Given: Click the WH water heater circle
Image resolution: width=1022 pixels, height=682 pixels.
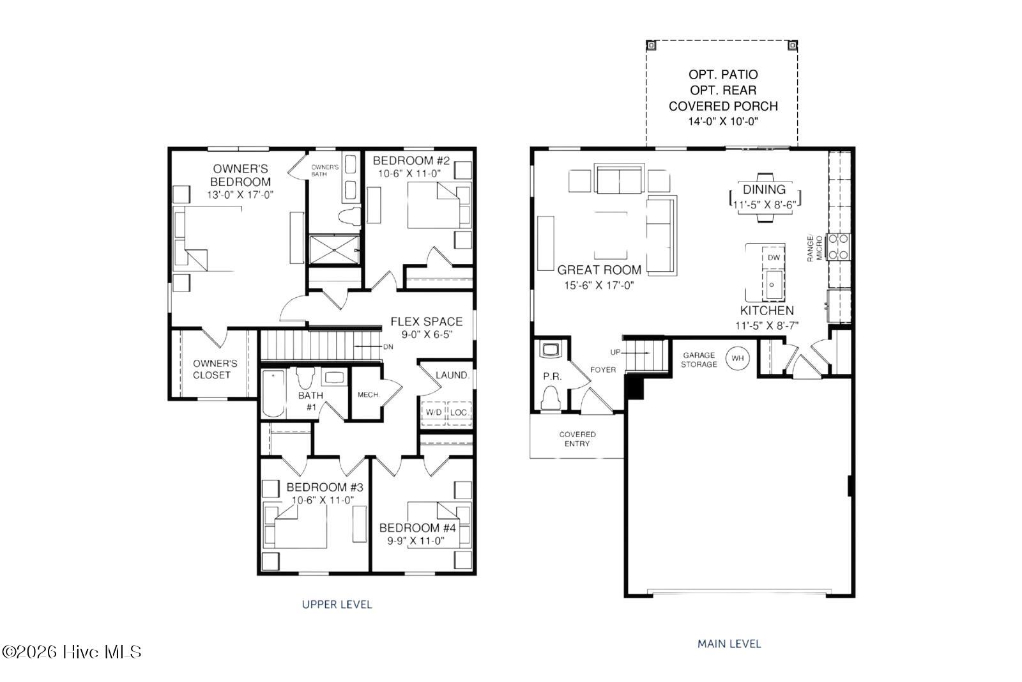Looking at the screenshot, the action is pyautogui.click(x=737, y=359).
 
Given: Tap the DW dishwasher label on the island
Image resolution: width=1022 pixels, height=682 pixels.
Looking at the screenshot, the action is pyautogui.click(x=774, y=258).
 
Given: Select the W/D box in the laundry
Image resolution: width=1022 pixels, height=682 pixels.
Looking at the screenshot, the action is pyautogui.click(x=434, y=413).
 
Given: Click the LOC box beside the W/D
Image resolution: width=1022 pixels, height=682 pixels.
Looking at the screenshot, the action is pyautogui.click(x=459, y=413).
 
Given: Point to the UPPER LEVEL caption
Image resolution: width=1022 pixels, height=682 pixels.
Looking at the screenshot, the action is pyautogui.click(x=337, y=605).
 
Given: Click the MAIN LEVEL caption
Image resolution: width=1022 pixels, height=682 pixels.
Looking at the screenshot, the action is pyautogui.click(x=729, y=644).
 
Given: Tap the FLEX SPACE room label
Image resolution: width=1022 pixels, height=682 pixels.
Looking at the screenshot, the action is pyautogui.click(x=427, y=322).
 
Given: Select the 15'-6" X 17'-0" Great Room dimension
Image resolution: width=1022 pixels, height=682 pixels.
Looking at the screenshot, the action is pyautogui.click(x=599, y=285).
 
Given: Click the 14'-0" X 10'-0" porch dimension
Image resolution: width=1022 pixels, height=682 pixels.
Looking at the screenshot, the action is pyautogui.click(x=723, y=121).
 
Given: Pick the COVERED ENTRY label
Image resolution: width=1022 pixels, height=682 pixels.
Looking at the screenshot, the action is pyautogui.click(x=577, y=438).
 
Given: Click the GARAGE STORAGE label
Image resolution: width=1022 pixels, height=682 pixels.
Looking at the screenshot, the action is pyautogui.click(x=699, y=359).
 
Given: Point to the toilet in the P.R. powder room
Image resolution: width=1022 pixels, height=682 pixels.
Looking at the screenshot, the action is pyautogui.click(x=551, y=398).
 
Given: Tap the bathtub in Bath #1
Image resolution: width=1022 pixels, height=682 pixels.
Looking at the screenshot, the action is pyautogui.click(x=273, y=394).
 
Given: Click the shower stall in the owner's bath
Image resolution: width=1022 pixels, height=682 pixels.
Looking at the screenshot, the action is pyautogui.click(x=335, y=250).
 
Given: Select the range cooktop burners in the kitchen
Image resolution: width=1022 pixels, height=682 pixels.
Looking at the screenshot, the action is pyautogui.click(x=839, y=247).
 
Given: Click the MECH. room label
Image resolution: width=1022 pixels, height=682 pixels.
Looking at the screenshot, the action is pyautogui.click(x=369, y=394).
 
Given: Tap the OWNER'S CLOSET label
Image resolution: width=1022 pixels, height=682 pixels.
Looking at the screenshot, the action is pyautogui.click(x=215, y=369).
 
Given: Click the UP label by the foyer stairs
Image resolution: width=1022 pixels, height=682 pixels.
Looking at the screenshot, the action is pyautogui.click(x=615, y=352).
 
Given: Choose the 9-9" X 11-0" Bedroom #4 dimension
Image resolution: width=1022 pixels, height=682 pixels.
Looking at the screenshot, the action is pyautogui.click(x=416, y=541).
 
